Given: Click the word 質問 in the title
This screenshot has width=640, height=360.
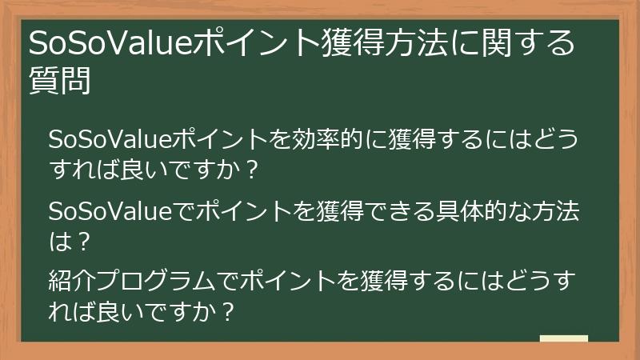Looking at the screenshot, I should point(59,81).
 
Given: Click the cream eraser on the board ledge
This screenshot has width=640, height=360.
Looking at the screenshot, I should point(563,338).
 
